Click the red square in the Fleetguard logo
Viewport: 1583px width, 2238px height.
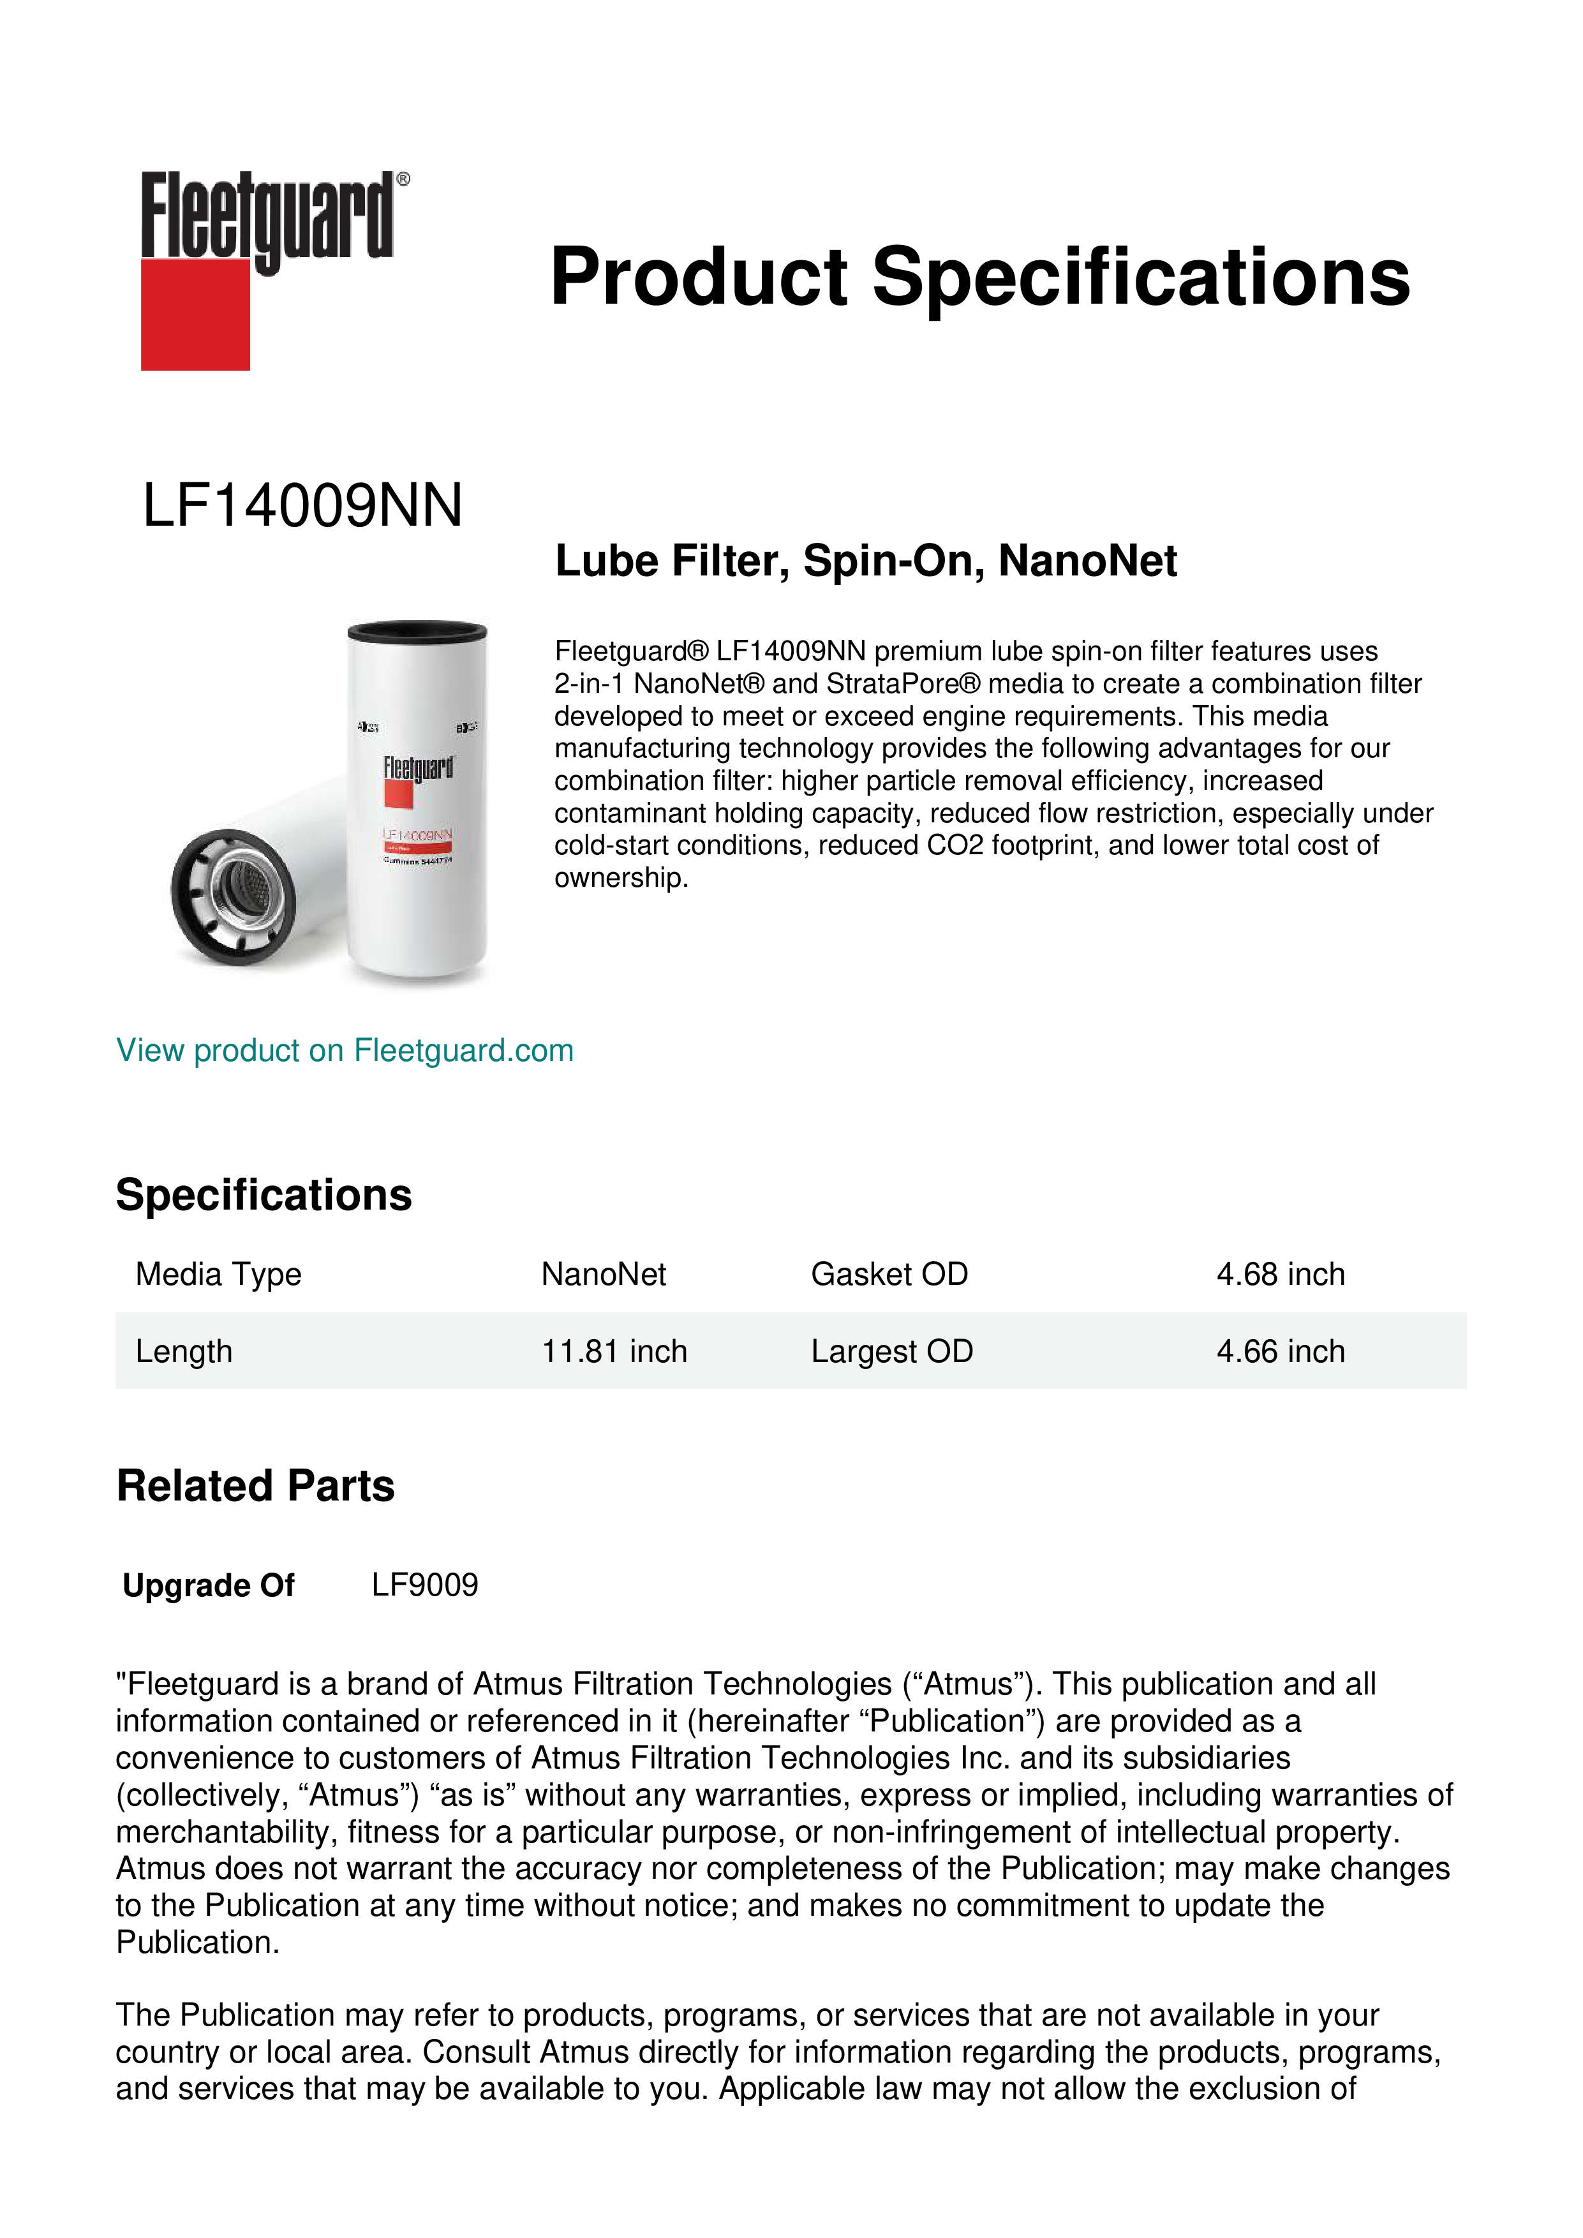pos(195,314)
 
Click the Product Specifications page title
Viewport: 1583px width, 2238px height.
pos(979,277)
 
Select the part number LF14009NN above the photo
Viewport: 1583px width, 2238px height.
pos(302,506)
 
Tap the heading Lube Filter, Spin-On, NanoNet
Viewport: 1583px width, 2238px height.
pos(866,561)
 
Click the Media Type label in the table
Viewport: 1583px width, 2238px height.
pos(218,1274)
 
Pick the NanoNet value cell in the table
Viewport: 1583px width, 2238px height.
pos(604,1274)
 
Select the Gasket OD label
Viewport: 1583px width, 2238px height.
pos(889,1274)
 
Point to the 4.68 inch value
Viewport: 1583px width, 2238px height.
pos(1280,1274)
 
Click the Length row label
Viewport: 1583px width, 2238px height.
pos(184,1351)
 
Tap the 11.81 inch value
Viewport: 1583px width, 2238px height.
pos(614,1351)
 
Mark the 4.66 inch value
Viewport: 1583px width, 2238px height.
pos(1280,1351)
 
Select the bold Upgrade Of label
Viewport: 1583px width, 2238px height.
pos(209,1586)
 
